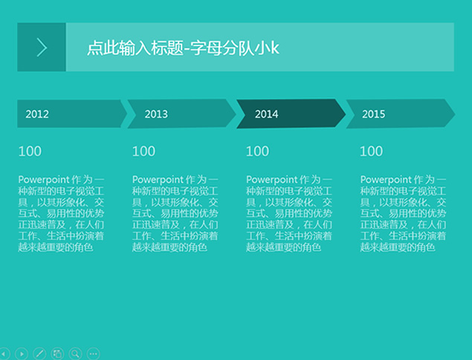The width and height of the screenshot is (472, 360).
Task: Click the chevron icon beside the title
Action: point(42,48)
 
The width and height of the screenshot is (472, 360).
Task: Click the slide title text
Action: point(183,48)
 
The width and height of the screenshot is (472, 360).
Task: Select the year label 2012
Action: point(37,114)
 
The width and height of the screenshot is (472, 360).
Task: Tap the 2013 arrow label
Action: point(156,114)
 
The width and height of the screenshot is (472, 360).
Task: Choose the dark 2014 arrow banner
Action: point(291,114)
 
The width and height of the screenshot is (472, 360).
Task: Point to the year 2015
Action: point(374,114)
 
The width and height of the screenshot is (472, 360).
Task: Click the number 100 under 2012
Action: point(30,151)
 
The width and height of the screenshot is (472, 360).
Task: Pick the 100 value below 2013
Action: point(144,151)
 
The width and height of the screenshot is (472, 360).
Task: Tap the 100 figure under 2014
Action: point(258,151)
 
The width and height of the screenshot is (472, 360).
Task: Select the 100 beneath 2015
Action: point(372,151)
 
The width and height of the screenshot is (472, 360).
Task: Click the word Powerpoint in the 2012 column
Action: point(44,179)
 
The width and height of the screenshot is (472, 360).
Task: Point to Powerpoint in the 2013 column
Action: point(158,179)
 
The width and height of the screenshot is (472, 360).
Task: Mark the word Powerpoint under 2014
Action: point(272,179)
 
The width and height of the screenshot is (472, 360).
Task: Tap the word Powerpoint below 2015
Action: point(386,179)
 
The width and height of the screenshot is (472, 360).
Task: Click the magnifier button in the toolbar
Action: point(75,353)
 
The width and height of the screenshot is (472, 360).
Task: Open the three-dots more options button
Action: point(94,353)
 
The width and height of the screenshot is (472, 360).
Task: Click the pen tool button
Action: point(39,353)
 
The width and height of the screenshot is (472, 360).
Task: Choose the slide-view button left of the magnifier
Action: point(57,353)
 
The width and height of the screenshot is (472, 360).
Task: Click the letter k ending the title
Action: point(275,48)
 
